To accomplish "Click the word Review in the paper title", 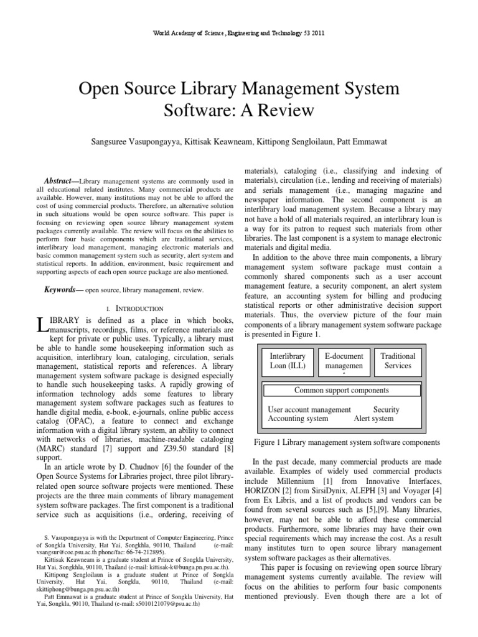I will point(268,112).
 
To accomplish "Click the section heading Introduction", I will point(139,309).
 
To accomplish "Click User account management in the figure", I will point(309,410).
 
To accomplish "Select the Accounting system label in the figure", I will point(298,419).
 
